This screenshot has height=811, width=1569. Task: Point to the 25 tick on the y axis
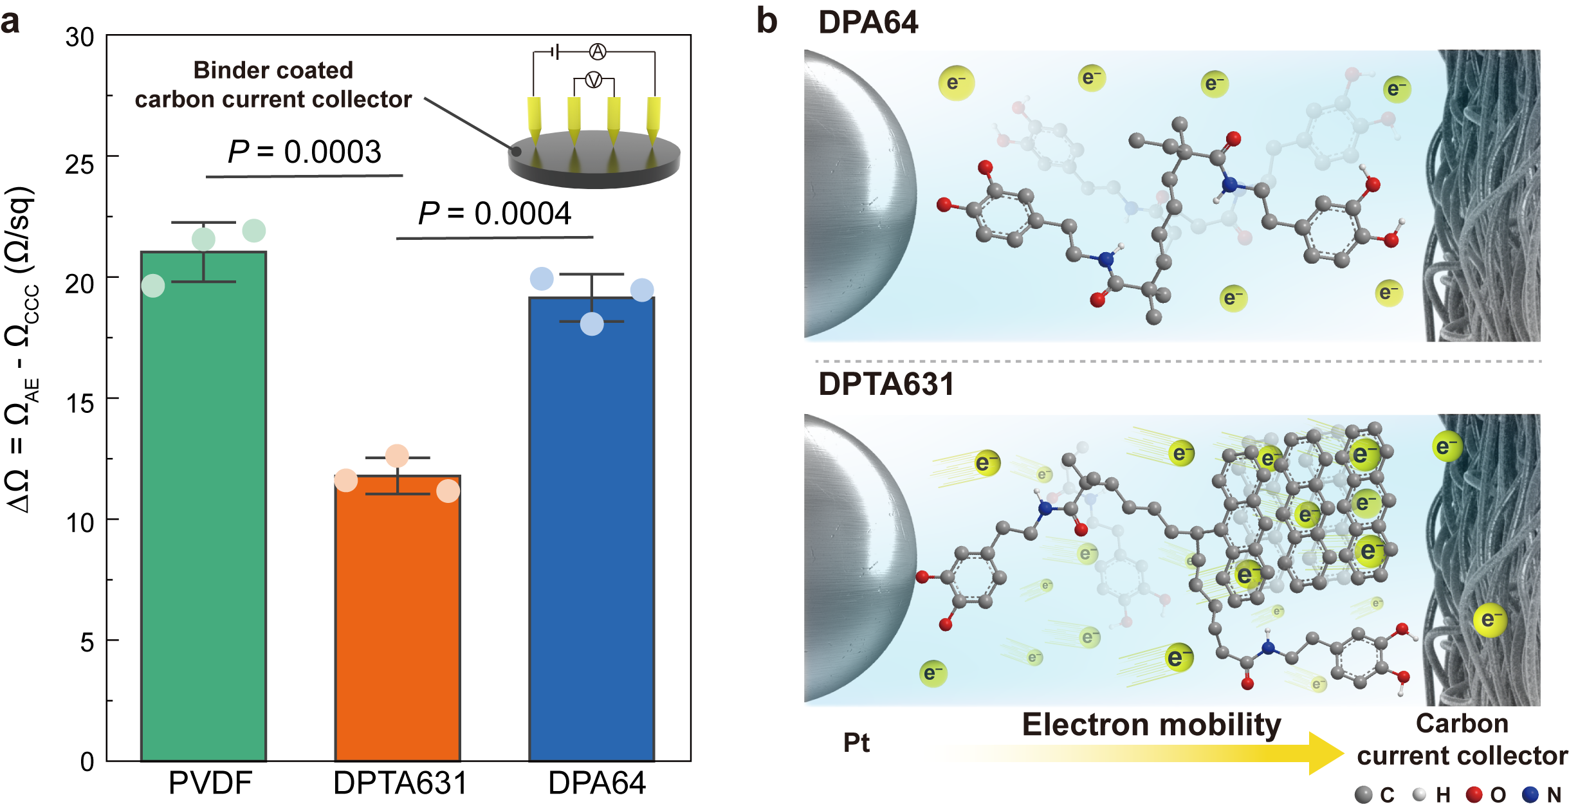pyautogui.click(x=80, y=165)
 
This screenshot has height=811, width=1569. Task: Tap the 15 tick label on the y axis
pyautogui.click(x=80, y=403)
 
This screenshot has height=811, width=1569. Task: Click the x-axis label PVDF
pyautogui.click(x=210, y=783)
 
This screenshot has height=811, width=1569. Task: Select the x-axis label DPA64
pyautogui.click(x=596, y=783)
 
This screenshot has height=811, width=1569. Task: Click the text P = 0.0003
pyautogui.click(x=304, y=152)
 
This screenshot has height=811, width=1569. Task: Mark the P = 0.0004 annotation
pyautogui.click(x=494, y=214)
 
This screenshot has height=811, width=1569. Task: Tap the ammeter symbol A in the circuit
pyautogui.click(x=598, y=51)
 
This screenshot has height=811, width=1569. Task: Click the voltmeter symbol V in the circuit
pyautogui.click(x=594, y=80)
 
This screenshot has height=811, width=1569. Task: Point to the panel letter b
pyautogui.click(x=766, y=21)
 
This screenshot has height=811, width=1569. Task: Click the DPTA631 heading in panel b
pyautogui.click(x=886, y=384)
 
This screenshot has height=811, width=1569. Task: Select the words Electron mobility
pyautogui.click(x=1152, y=725)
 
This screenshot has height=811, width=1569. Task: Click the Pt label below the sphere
pyautogui.click(x=856, y=743)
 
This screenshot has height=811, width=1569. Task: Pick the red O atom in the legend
pyautogui.click(x=1474, y=795)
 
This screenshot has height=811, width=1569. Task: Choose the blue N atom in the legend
pyautogui.click(x=1530, y=795)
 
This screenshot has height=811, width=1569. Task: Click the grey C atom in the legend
pyautogui.click(x=1363, y=795)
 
